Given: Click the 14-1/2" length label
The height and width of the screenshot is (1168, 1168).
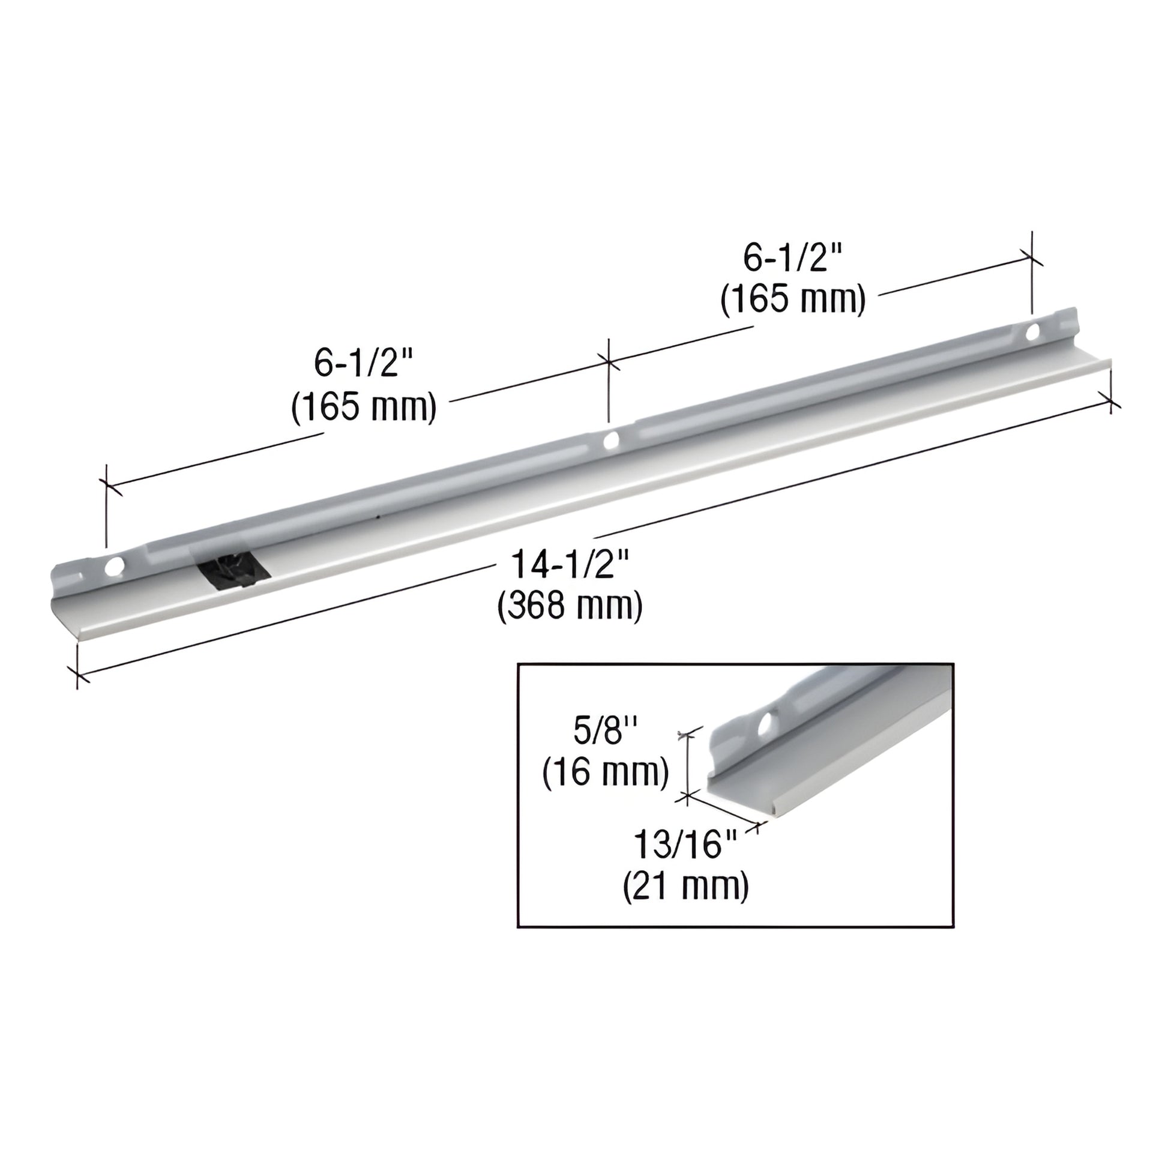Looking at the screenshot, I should click(571, 565).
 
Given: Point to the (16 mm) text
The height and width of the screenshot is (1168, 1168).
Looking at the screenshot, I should click(606, 772).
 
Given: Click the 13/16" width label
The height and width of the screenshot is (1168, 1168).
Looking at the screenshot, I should click(685, 844).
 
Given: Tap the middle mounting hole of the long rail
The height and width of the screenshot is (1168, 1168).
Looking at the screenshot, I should click(610, 440).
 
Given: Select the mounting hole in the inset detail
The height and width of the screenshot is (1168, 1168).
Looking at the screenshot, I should click(768, 723).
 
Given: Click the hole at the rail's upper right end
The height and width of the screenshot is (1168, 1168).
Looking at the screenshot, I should click(1032, 331).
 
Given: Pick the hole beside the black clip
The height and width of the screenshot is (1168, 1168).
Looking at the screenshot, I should click(113, 567).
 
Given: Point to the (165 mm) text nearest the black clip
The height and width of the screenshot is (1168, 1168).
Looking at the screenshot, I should click(364, 406).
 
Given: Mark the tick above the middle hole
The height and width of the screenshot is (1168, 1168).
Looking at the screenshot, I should click(608, 363).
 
